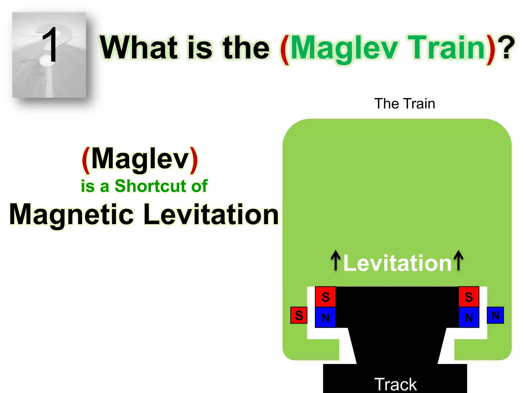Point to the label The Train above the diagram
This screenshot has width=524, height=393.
[405, 104]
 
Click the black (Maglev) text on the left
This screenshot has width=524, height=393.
[140, 159]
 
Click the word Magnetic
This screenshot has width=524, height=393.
[72, 214]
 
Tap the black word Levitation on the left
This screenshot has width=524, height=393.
[211, 214]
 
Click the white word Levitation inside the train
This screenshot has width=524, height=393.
[397, 263]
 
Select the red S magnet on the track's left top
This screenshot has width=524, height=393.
[325, 297]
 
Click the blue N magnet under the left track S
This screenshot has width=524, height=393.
[325, 318]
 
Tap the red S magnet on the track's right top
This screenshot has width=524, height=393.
[469, 297]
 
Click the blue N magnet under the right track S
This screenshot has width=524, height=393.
[469, 318]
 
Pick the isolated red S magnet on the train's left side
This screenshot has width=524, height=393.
[299, 315]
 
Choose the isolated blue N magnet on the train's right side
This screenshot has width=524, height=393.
[495, 315]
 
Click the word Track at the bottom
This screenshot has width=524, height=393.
[396, 384]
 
